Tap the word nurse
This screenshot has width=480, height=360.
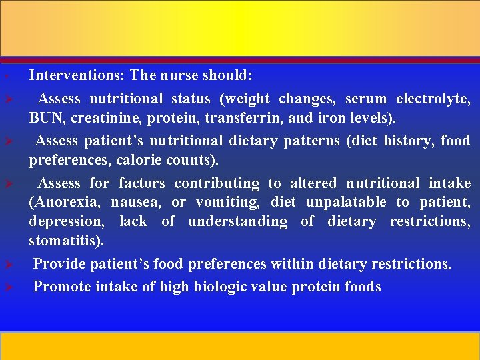click(179, 75)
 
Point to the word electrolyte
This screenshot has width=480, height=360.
click(433, 99)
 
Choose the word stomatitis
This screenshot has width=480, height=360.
click(64, 240)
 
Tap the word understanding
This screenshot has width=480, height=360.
click(238, 221)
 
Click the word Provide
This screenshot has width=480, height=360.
click(60, 264)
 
